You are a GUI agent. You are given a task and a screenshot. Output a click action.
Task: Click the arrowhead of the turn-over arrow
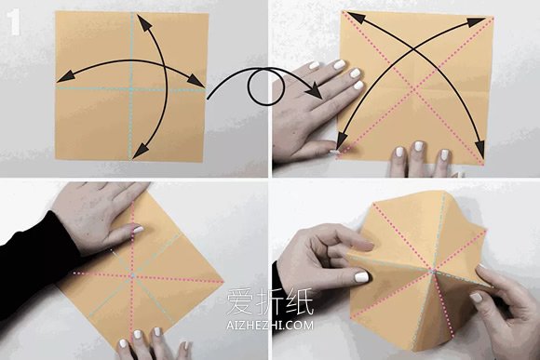(314, 93)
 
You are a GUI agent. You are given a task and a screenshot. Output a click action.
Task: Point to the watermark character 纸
(300, 301)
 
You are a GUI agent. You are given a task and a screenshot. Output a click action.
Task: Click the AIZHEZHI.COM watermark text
(270, 325)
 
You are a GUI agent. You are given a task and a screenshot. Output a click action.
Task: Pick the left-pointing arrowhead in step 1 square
(66, 77)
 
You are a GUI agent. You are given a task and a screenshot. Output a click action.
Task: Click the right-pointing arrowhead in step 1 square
(196, 81)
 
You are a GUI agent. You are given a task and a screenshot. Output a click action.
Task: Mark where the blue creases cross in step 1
(131, 89)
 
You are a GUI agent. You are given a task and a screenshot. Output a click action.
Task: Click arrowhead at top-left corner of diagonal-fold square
(358, 18)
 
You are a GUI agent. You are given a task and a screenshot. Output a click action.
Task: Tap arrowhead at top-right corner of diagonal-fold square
(477, 22)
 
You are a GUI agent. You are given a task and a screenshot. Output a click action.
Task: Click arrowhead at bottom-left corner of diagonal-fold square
(342, 142)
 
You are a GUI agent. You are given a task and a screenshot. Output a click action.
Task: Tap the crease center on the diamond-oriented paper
(132, 275)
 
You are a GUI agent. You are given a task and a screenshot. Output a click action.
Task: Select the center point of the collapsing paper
(432, 272)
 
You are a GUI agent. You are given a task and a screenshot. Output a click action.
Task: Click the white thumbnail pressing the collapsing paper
(361, 277)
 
